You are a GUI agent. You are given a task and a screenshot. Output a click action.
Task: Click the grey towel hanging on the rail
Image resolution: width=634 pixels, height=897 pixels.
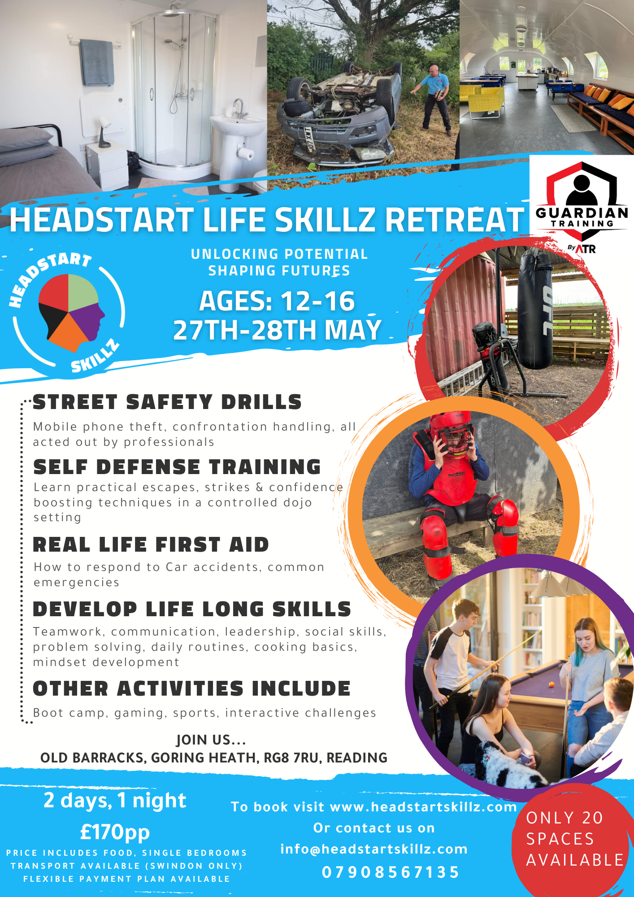97,62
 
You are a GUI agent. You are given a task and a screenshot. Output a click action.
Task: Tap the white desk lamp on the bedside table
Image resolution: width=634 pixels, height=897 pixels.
104,132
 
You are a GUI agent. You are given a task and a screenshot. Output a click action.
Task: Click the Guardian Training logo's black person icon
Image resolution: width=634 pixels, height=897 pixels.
582,190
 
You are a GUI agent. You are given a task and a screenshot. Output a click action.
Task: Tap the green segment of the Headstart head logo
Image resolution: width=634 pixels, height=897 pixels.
83,291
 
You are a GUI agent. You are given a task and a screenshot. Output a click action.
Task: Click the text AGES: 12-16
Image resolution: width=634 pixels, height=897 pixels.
277,301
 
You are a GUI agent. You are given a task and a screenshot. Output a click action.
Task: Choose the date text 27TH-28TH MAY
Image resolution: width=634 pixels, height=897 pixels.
277,330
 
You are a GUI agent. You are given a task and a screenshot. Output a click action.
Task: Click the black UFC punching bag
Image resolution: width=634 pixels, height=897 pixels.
535,309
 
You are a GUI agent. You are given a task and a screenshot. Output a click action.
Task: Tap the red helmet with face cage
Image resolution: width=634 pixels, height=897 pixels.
452,433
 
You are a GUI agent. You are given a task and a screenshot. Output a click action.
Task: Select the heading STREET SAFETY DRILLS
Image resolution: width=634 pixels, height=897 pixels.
167,402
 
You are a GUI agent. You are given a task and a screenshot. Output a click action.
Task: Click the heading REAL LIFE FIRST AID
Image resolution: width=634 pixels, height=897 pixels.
151,545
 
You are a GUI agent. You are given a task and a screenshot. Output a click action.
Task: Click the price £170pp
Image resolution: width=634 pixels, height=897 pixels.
115,832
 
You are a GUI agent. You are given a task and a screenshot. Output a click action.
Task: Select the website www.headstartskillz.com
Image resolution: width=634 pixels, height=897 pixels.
423,807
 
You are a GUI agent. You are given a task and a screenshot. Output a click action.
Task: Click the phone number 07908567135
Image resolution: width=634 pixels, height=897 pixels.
391,872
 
